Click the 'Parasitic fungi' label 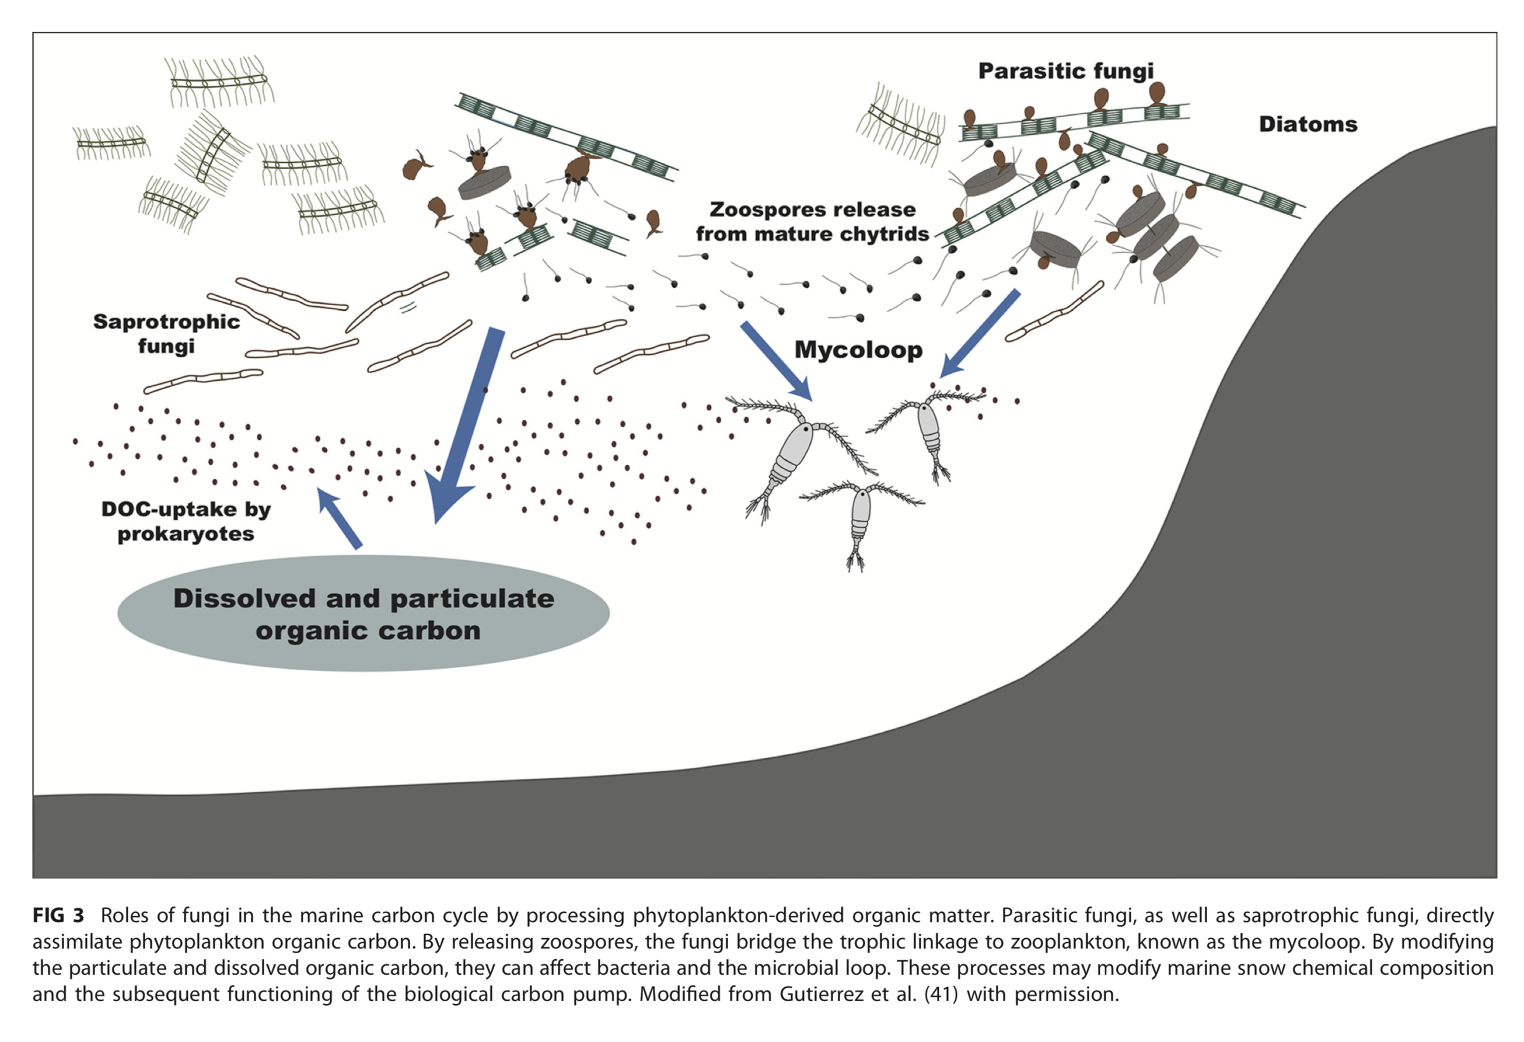(x=1065, y=71)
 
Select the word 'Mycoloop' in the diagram (x=858, y=349)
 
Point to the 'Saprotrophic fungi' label (x=166, y=333)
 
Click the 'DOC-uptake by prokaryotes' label (x=186, y=522)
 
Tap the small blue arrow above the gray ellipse (x=338, y=517)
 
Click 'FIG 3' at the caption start (x=58, y=915)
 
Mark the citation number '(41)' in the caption (x=941, y=994)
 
